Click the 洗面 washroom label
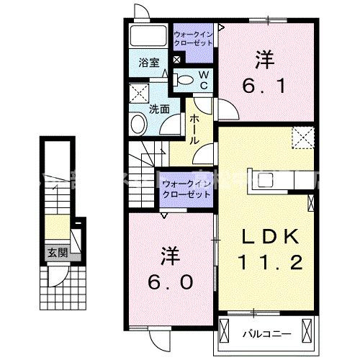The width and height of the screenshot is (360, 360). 159,109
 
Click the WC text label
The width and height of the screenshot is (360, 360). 203,79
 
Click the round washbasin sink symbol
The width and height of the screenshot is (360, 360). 138,125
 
